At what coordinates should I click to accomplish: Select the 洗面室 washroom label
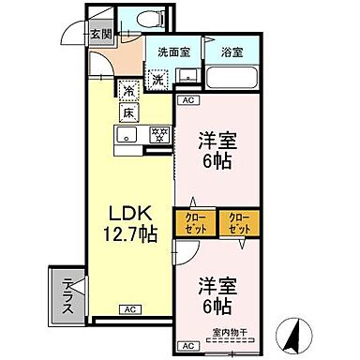point(172,52)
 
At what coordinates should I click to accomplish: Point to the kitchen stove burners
point(160,134)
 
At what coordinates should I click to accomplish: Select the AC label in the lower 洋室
point(186,344)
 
